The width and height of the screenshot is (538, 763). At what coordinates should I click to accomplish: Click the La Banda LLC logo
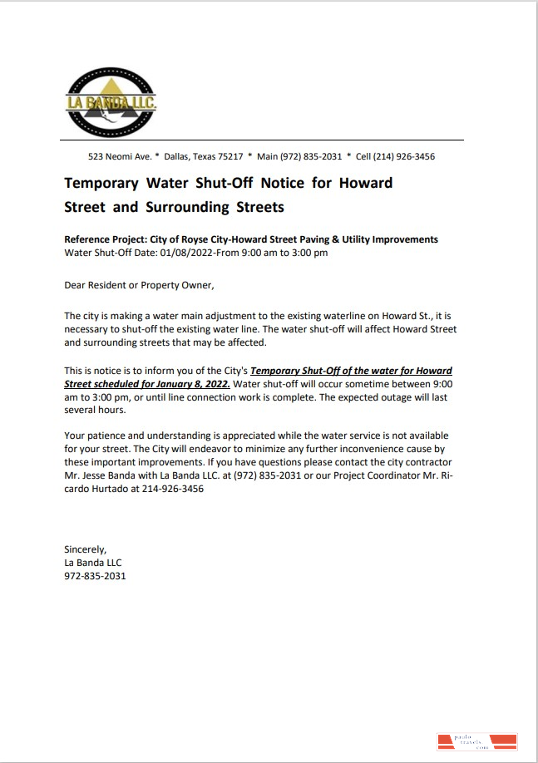click(111, 102)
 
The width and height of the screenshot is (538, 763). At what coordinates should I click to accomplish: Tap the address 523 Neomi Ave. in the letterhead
click(119, 156)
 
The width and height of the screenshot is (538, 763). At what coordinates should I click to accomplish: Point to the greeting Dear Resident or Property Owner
click(139, 285)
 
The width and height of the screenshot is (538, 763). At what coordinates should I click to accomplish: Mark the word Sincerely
click(86, 549)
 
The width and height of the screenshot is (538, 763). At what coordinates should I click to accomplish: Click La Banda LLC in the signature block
click(93, 562)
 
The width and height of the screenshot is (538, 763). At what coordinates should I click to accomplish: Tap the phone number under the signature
click(95, 575)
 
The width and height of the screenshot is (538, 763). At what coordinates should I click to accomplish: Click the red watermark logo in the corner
click(476, 741)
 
